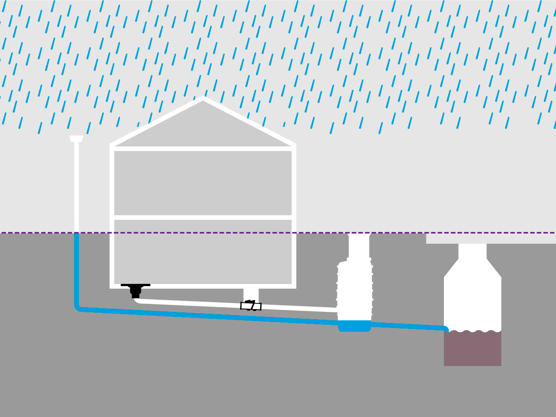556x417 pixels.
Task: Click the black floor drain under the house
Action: point(135,290)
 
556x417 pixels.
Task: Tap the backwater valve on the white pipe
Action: point(251,306)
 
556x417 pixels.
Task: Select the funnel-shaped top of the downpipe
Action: point(76,139)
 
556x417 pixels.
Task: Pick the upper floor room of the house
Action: point(202,183)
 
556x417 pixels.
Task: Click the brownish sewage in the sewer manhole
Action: point(472,350)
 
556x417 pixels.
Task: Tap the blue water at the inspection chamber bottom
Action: point(354,326)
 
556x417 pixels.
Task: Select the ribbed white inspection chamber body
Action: point(354,290)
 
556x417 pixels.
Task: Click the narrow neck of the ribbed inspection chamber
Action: point(359,246)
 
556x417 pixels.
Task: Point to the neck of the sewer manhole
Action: point(472,251)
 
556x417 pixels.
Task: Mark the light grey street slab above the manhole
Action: point(491,238)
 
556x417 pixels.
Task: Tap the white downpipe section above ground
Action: point(76,185)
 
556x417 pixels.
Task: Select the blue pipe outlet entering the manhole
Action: point(445,329)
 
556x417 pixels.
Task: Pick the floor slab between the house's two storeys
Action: point(202,217)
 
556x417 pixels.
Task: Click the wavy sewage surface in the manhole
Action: point(472,331)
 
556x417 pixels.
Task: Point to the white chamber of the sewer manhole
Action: point(472,301)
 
